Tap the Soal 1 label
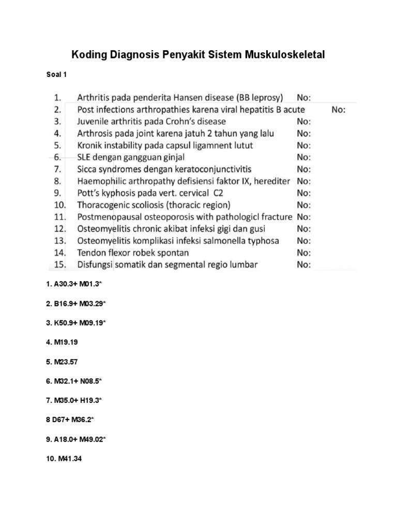[x=57, y=74]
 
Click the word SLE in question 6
[x=85, y=157]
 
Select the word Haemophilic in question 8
[x=101, y=181]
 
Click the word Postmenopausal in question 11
[x=110, y=216]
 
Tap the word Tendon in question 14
[x=91, y=253]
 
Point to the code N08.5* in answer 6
[x=91, y=381]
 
